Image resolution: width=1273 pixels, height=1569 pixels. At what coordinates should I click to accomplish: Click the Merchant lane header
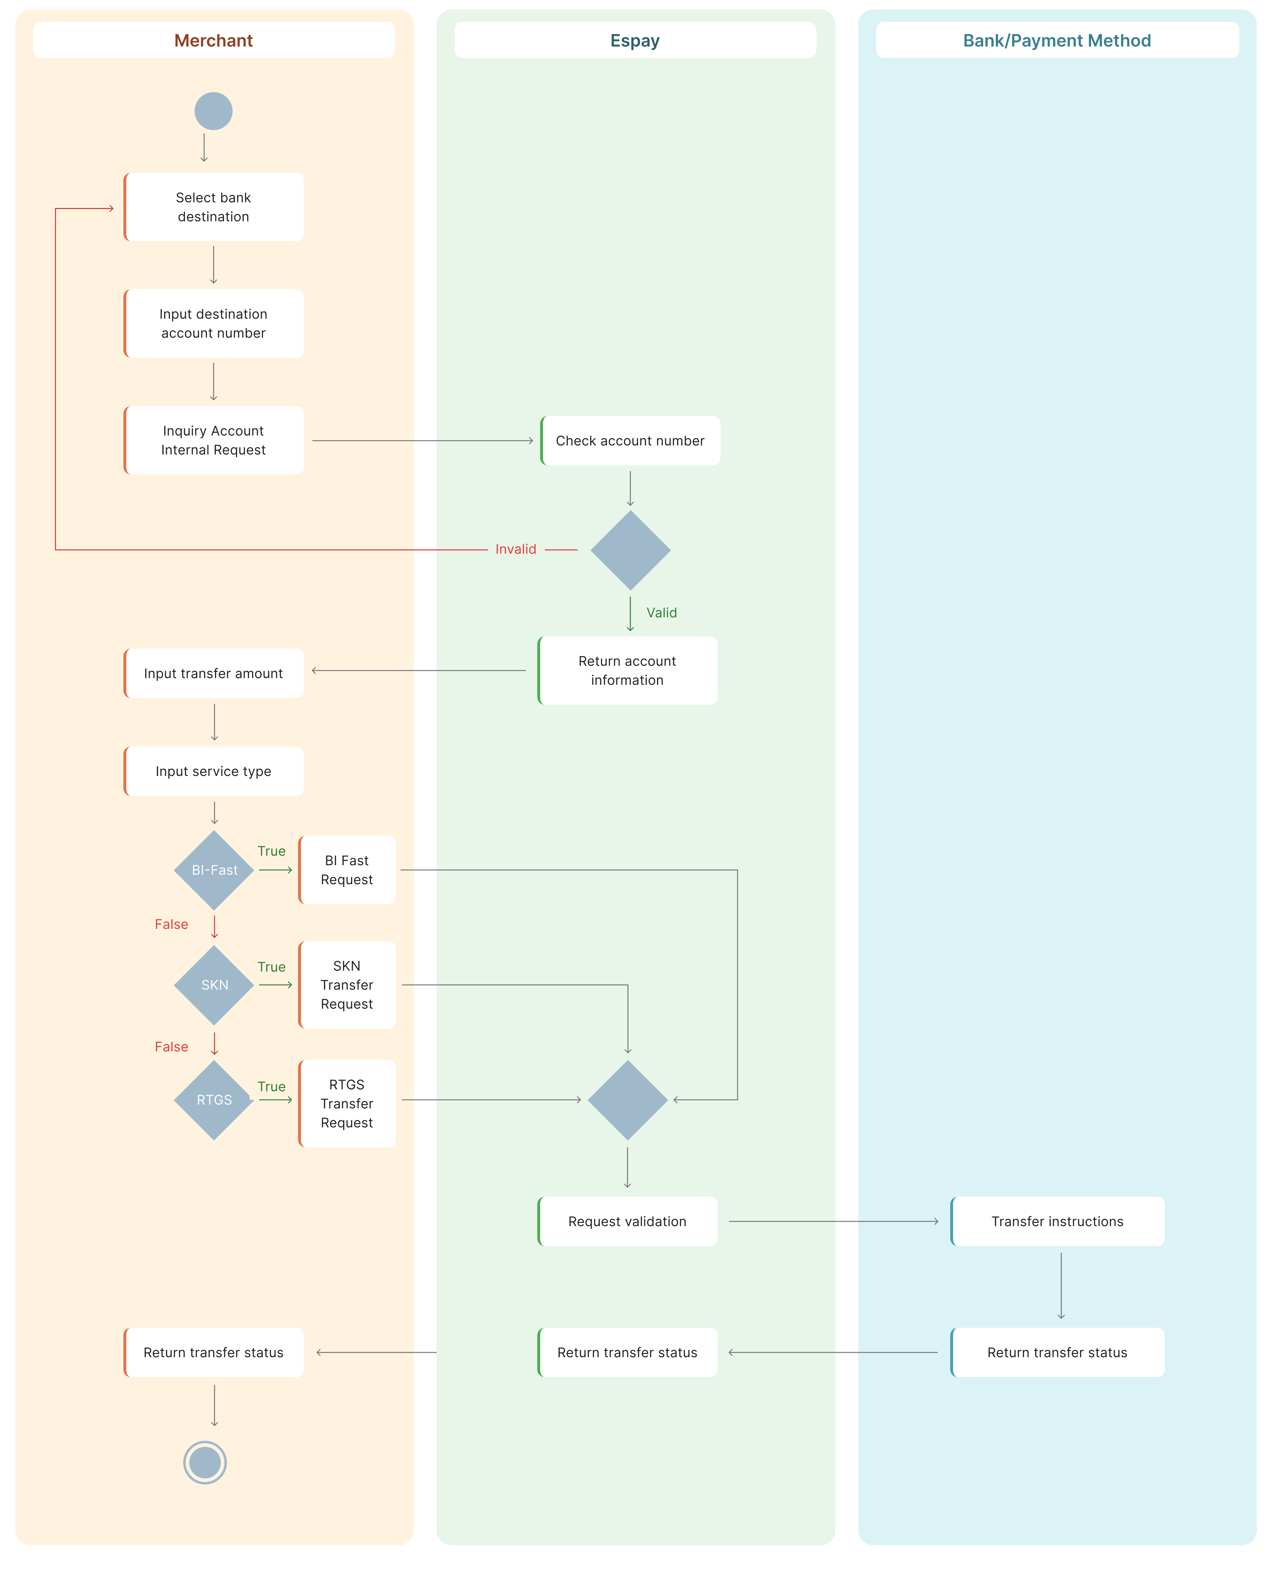[213, 40]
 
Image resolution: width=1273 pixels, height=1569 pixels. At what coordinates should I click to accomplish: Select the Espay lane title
[635, 40]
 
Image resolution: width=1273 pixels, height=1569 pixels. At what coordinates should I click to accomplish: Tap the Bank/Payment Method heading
[1057, 40]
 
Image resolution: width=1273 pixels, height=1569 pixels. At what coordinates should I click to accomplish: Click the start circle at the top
[213, 111]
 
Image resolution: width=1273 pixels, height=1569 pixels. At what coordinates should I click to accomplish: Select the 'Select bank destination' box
[213, 207]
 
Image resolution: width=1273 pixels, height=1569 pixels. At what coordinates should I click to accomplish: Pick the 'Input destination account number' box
[213, 324]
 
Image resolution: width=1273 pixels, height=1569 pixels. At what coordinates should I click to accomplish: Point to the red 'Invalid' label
[515, 549]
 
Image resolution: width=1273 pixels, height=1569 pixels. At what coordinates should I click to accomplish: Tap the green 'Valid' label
[661, 613]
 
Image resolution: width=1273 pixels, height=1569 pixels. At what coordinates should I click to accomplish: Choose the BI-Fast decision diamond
[214, 870]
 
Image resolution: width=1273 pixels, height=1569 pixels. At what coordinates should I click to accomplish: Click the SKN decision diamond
[214, 985]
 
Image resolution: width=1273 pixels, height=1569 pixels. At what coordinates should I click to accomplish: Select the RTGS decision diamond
[214, 1100]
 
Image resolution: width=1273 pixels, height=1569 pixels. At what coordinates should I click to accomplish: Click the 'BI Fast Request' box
[347, 870]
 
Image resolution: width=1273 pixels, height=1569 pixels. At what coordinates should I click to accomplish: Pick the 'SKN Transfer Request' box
[347, 985]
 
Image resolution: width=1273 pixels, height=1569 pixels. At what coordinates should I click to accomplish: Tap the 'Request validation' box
[627, 1221]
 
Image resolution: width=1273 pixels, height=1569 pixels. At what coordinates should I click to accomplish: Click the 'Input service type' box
[213, 771]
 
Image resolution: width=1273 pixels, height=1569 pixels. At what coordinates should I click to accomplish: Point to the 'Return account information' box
[627, 671]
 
